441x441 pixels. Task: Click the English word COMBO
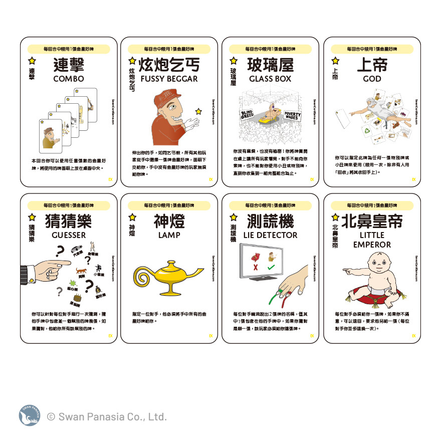pos(68,79)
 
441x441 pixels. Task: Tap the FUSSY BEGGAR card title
pos(169,79)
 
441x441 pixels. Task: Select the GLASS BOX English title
pos(271,79)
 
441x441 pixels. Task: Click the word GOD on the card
pos(372,79)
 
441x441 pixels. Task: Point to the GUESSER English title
pos(68,235)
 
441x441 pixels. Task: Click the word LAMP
pos(169,235)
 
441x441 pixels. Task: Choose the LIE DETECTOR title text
pos(271,235)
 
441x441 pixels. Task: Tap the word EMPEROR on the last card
pos(372,245)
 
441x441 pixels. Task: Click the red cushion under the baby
pos(373,293)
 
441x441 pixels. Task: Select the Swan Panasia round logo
pos(29,415)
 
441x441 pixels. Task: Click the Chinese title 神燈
pos(169,221)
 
